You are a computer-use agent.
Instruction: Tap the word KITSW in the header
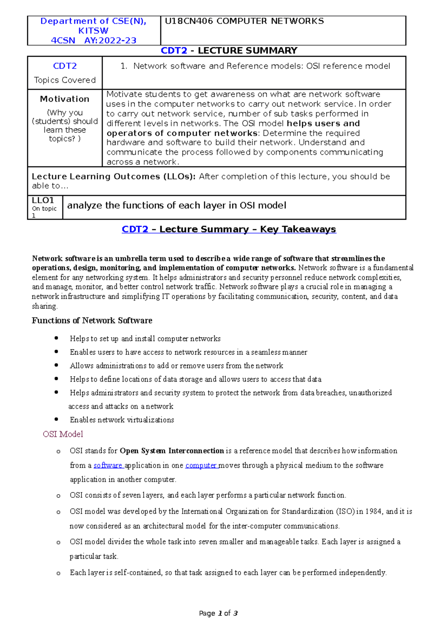click(x=93, y=31)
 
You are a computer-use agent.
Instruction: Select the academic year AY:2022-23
click(x=110, y=41)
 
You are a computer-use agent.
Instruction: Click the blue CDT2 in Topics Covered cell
click(x=65, y=66)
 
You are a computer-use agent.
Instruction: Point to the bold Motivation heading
click(x=65, y=99)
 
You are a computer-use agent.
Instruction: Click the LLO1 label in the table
click(x=43, y=201)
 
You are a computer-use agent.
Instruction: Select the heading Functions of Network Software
click(x=92, y=321)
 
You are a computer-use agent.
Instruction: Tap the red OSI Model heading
click(x=63, y=434)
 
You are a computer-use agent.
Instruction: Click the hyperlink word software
click(x=108, y=466)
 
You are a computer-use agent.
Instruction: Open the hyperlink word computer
click(x=201, y=466)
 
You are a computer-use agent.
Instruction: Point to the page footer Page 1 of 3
click(x=218, y=613)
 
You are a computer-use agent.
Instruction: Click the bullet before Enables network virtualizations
click(x=56, y=419)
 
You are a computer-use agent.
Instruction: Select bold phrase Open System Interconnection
click(x=172, y=451)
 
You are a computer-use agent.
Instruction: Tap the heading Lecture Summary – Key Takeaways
click(x=247, y=229)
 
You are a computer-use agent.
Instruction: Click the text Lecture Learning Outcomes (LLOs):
click(x=114, y=177)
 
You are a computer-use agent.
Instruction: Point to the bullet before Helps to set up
click(x=56, y=338)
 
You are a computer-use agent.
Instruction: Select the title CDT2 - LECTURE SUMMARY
click(x=229, y=51)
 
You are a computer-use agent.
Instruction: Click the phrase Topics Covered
click(x=65, y=80)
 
